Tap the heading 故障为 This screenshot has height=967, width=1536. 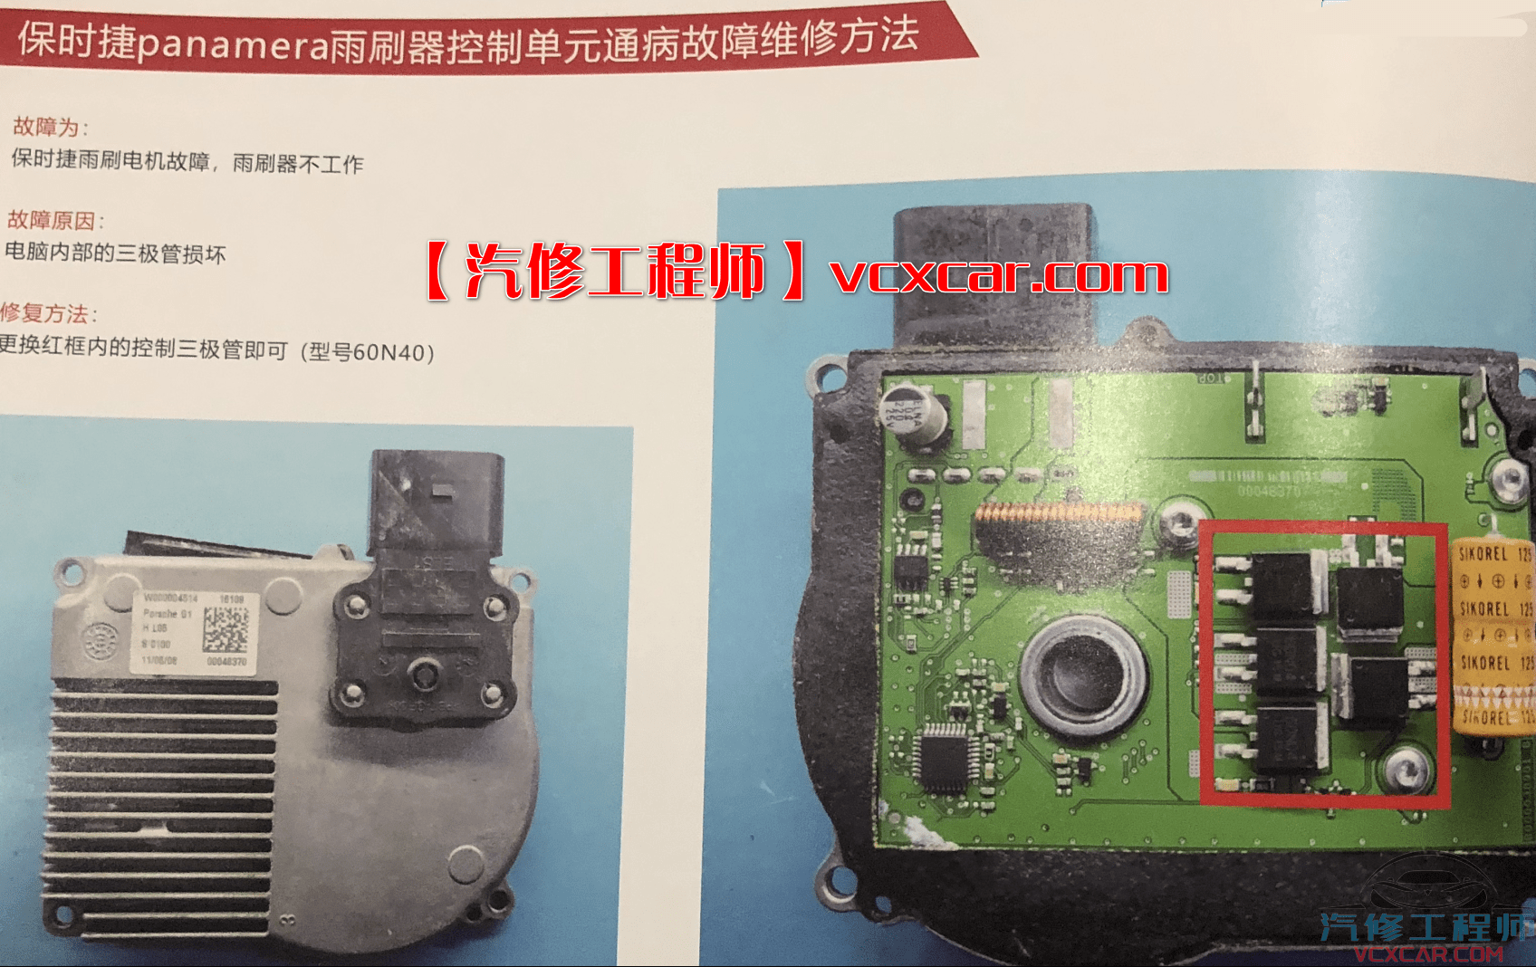coord(46,127)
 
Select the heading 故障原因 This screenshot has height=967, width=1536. coord(52,220)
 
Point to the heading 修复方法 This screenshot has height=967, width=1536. coord(45,313)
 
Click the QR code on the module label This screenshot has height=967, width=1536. coord(225,629)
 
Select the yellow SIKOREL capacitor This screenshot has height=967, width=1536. coord(1493,634)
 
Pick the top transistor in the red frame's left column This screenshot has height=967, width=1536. coord(1282,584)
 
